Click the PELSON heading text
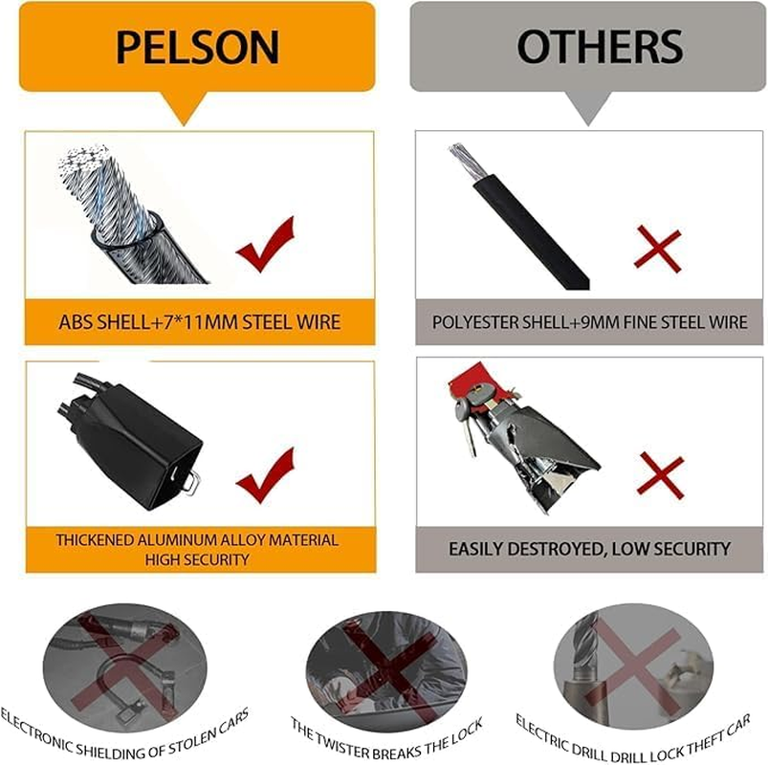[x=197, y=47]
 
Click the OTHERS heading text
[x=600, y=47]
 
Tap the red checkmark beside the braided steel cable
[x=266, y=245]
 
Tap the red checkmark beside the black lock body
[x=266, y=475]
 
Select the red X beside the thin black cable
[x=658, y=249]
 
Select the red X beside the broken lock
[x=660, y=475]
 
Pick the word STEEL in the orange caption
[x=268, y=321]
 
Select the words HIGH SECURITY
[x=197, y=559]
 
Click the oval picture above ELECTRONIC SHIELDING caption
[x=124, y=667]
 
